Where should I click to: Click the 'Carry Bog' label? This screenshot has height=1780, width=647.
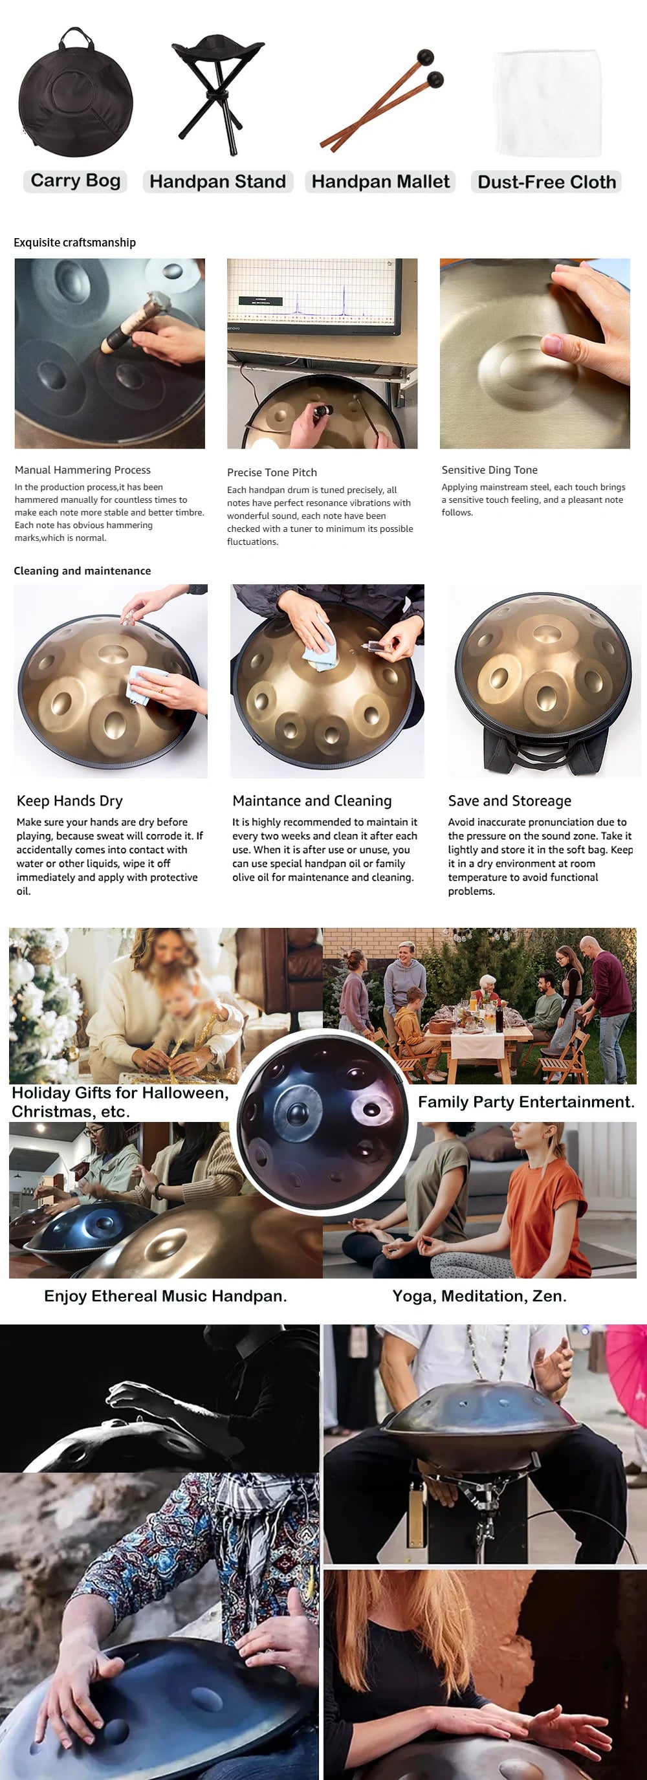75,181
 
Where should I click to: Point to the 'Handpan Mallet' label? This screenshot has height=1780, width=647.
380,182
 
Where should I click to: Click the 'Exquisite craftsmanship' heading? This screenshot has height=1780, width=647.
74,243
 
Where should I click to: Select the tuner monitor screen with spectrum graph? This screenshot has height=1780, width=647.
314,294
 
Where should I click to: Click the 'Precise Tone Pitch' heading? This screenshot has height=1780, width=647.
272,472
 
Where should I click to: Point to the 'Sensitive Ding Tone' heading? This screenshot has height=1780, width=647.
489,470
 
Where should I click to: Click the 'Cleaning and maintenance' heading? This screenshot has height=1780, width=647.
82,571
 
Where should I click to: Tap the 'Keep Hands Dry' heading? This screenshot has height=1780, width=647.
70,801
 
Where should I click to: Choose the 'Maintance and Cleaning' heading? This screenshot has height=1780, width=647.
312,801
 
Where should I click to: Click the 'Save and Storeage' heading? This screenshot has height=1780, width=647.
509,801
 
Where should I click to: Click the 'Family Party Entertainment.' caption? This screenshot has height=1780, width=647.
526,1102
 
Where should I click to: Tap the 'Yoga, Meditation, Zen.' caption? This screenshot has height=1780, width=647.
479,1296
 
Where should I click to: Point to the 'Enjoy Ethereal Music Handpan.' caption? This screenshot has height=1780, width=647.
165,1296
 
